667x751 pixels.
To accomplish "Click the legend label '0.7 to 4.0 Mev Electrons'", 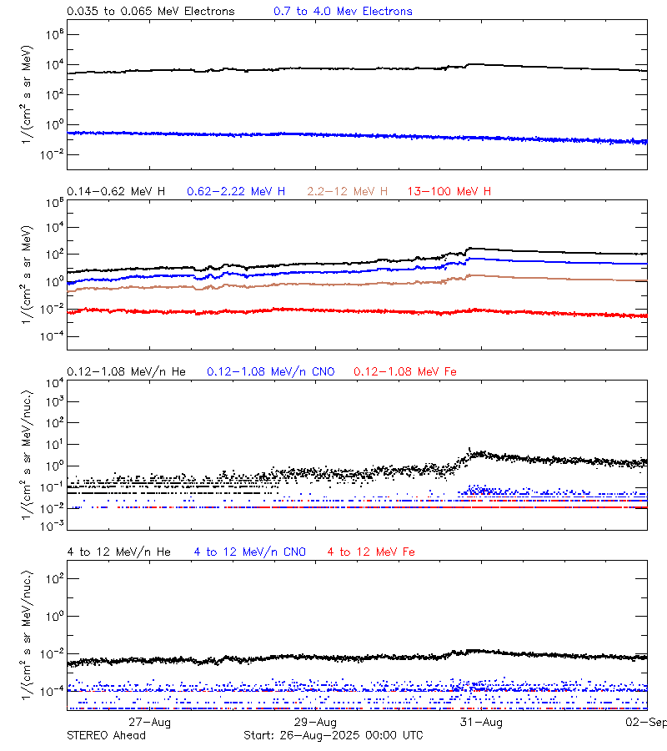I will pos(343,12).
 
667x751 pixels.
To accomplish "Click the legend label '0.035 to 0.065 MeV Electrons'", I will pos(151,12).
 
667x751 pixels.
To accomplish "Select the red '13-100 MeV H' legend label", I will pos(449,192).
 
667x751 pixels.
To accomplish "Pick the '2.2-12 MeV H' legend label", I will pos(348,192).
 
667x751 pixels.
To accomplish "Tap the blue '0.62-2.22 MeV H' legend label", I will pos(236,192).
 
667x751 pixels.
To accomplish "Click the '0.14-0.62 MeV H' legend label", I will pos(116,192).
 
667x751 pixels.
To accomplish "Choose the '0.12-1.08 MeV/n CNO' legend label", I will pos(271,371).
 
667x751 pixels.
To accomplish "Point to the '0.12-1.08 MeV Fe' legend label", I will pos(405,371).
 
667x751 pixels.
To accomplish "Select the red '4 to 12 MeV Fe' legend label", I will pos(371,552).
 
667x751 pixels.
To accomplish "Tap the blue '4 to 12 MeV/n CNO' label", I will pos(250,552).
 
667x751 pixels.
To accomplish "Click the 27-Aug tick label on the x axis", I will pos(150,722).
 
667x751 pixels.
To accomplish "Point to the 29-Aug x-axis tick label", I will pos(316,722).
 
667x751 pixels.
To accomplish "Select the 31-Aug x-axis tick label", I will pos(482,722).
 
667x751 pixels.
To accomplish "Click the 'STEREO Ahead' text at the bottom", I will pos(106,735).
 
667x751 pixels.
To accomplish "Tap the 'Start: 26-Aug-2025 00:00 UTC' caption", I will pos(333,735).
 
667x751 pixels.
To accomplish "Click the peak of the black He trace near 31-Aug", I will pos(470,449).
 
